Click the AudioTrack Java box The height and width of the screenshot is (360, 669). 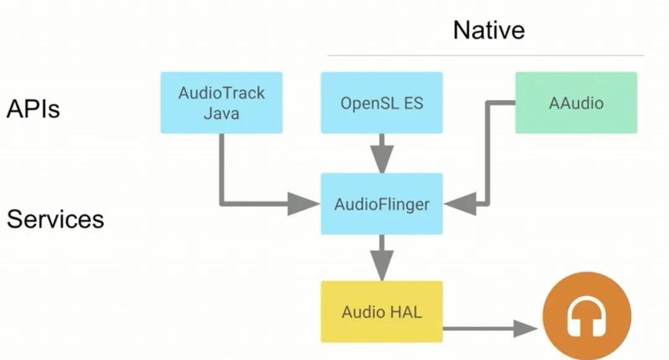[221, 103]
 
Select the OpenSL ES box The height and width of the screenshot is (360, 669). [382, 103]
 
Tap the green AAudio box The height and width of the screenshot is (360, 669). [576, 103]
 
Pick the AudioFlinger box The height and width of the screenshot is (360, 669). [382, 204]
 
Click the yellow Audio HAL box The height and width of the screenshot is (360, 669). [382, 311]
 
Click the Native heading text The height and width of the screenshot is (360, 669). [489, 30]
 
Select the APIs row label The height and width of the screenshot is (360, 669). [33, 109]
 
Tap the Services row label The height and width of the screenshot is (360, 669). [55, 219]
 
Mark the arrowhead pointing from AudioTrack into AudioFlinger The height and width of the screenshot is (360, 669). [304, 204]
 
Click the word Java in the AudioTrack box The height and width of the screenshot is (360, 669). [221, 114]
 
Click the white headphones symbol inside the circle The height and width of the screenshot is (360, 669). [587, 317]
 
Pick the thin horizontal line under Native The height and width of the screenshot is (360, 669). [486, 56]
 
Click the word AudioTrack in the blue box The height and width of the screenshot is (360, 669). [221, 93]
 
